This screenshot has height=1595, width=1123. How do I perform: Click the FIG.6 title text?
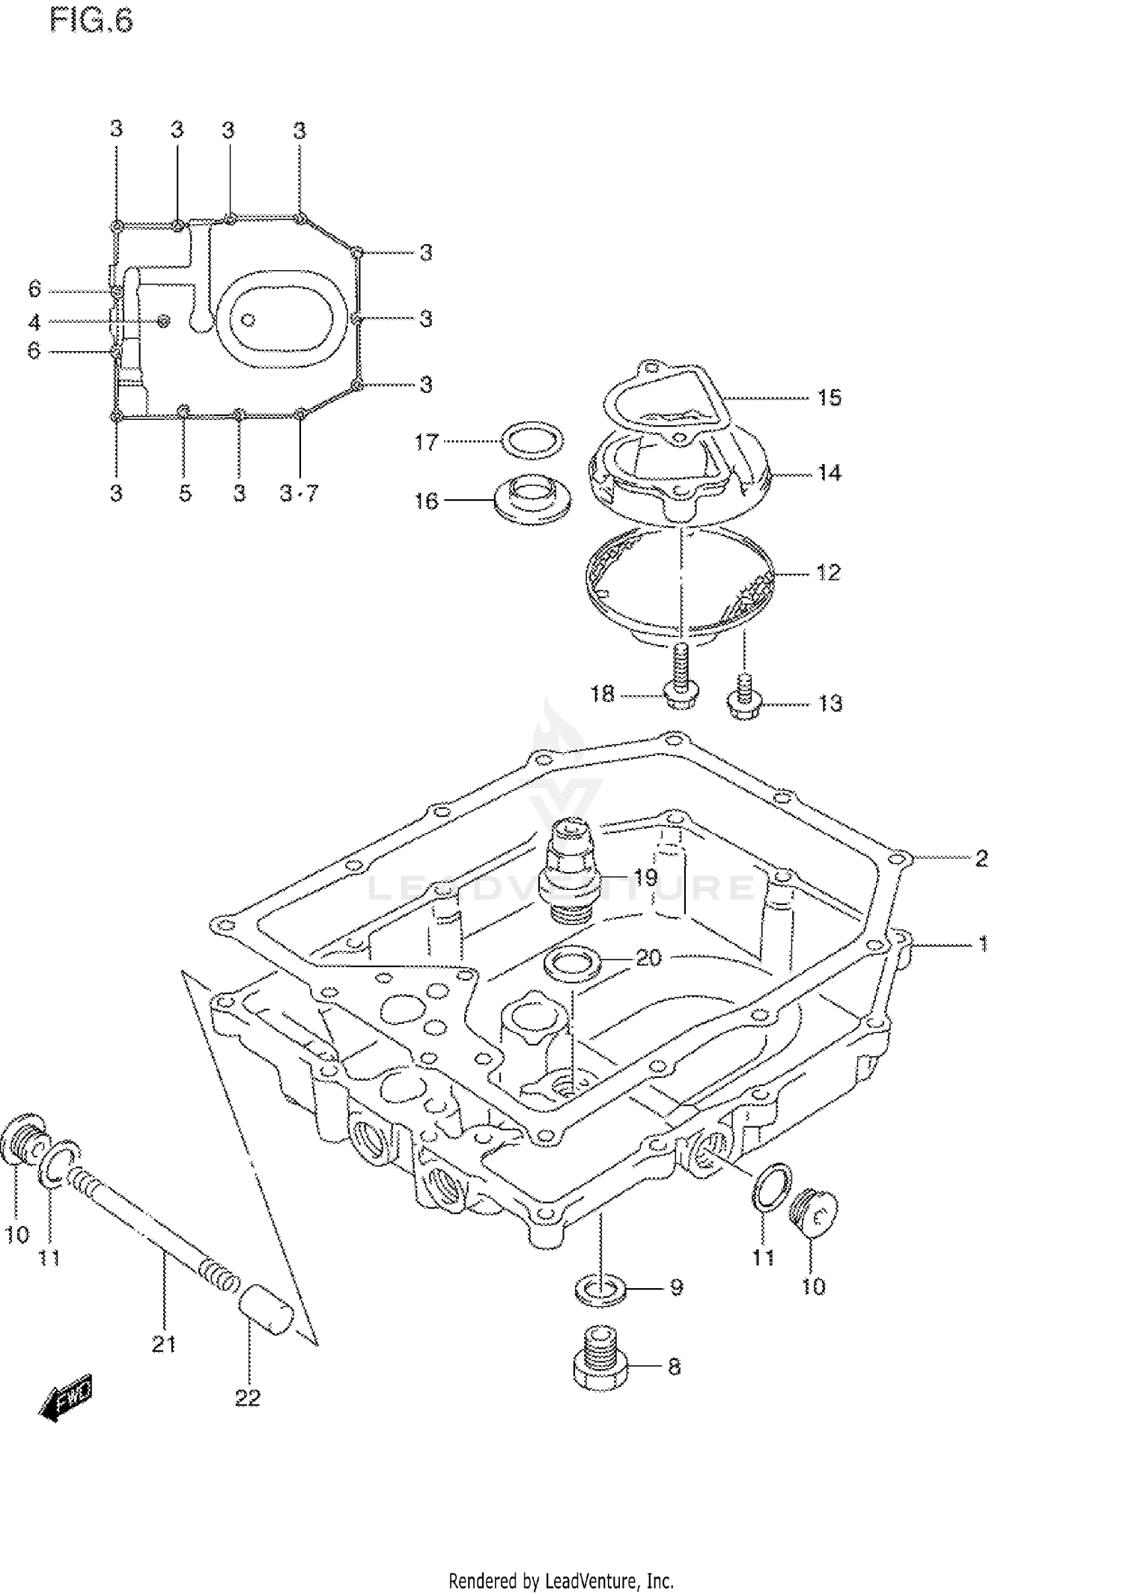tap(91, 21)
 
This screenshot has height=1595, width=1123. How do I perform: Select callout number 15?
tap(829, 397)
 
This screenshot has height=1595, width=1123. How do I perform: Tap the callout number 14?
tap(829, 473)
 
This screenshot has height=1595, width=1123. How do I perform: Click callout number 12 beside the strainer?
tap(828, 573)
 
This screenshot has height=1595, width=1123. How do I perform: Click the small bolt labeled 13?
tap(743, 698)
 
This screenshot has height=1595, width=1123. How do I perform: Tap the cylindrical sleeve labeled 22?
tap(265, 1307)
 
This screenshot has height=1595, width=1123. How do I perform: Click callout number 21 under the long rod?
tap(163, 1345)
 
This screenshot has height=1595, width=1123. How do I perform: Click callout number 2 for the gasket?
tap(981, 859)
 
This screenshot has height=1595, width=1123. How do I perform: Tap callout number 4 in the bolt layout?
tap(34, 323)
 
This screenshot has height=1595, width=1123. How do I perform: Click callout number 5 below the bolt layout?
tap(185, 494)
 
